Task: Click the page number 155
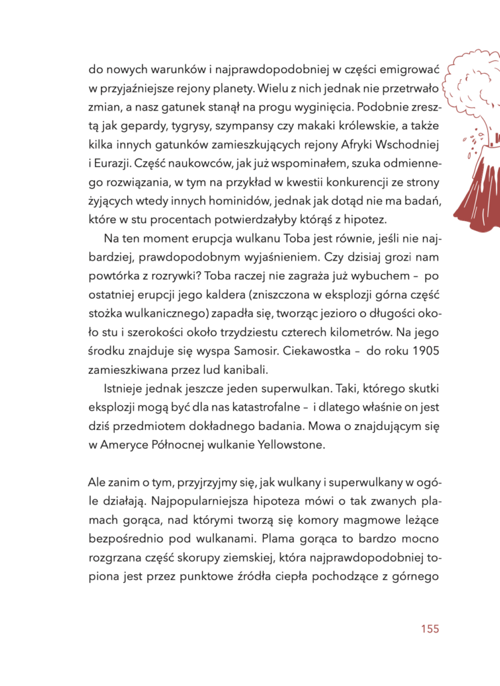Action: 429,629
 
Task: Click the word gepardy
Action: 138,125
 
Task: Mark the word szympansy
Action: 242,125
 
